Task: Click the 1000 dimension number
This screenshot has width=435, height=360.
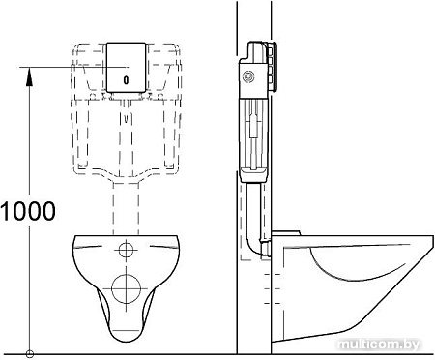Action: (28, 211)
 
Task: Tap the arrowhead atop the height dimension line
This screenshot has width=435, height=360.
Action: (29, 76)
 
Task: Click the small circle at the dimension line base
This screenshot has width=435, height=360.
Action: (30, 353)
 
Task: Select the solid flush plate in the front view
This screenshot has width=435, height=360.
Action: (127, 67)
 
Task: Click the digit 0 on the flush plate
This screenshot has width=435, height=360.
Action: (126, 80)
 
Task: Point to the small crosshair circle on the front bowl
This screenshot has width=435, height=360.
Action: (126, 250)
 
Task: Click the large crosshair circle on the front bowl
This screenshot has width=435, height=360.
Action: (127, 288)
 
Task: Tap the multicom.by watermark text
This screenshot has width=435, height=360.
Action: (379, 345)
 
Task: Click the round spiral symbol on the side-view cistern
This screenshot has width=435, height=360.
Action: (248, 76)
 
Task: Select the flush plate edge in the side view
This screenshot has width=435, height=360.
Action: (273, 67)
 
